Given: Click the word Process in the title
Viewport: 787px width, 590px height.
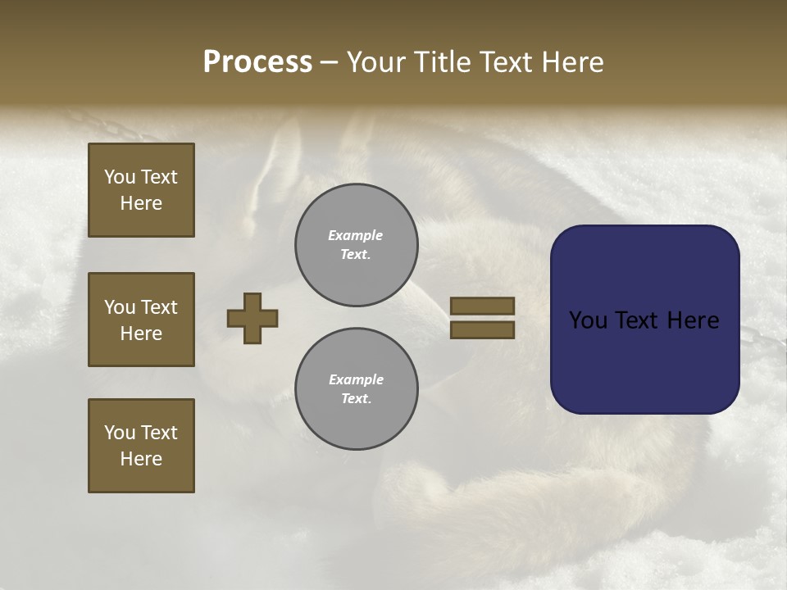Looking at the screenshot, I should [257, 62].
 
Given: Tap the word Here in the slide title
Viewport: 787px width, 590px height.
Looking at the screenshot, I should [570, 62].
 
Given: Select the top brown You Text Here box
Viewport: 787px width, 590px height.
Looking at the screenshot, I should [141, 190].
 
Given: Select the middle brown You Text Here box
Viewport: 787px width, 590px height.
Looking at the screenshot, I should [141, 320].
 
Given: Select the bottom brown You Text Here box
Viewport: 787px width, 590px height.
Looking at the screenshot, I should [141, 446].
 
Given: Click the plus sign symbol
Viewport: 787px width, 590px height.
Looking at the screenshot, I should [252, 318].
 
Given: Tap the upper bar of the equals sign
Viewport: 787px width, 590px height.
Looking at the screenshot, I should [482, 306].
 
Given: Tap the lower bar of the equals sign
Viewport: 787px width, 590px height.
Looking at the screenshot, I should [482, 329].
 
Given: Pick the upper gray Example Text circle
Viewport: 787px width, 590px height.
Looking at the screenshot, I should [356, 245].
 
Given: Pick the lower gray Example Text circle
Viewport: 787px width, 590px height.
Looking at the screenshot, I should [356, 389].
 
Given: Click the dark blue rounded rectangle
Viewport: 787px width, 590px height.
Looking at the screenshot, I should [644, 320].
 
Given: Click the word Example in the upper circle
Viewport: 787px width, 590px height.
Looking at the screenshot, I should [356, 235].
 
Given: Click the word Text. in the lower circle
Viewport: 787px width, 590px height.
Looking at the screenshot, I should [356, 399].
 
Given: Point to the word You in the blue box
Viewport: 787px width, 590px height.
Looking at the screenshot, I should [588, 320].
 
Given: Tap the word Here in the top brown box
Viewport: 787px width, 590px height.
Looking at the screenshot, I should [141, 203].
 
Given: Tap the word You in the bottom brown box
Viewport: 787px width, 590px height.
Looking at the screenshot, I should [120, 433].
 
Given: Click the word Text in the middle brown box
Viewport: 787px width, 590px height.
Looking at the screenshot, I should [159, 307].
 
